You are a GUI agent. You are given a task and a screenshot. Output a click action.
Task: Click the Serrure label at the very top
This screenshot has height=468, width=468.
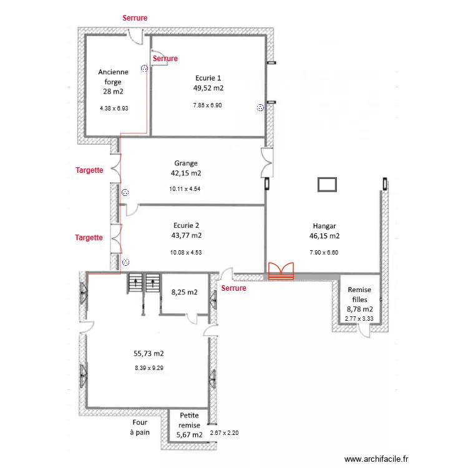coord(135,18)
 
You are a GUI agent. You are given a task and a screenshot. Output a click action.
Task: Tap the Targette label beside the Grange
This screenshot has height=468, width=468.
coord(89,170)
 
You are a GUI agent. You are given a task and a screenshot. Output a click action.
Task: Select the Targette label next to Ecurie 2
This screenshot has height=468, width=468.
coord(89,238)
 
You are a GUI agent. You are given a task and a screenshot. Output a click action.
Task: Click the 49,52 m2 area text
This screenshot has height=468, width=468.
coord(208,89)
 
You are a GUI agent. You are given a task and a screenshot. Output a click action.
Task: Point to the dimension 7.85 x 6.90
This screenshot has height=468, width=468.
coord(208,105)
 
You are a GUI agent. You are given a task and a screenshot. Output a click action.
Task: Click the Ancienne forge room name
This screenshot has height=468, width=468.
coord(114,76)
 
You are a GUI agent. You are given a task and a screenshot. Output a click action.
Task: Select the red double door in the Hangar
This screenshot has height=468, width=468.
coord(281,270)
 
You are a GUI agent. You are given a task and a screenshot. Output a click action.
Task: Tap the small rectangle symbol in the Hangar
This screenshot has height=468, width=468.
coord(327,184)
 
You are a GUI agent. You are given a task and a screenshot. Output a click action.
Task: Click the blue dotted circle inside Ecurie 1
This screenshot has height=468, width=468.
coord(260,108)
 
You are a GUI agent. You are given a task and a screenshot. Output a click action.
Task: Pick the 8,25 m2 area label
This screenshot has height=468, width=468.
coord(184,291)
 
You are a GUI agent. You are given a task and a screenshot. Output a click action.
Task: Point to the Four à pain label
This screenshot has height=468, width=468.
coord(140,427)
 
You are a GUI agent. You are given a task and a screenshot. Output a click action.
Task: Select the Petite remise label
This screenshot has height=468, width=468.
coord(190,419)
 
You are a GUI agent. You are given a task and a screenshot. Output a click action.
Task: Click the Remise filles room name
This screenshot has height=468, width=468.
coord(359,295)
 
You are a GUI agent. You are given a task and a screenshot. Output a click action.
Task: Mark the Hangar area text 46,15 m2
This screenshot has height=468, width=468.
coord(324,236)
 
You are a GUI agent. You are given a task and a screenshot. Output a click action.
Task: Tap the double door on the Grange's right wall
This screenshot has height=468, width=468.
coord(267,164)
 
